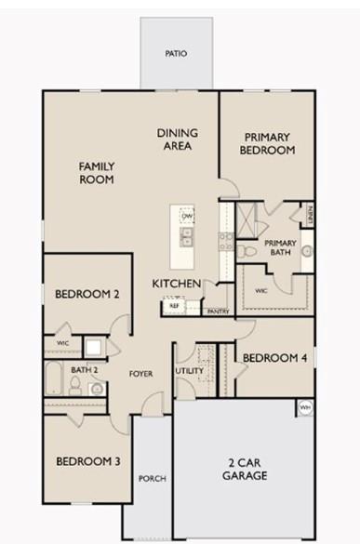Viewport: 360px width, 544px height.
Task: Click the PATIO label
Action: [x=176, y=54]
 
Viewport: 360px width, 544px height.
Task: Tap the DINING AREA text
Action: [x=175, y=139]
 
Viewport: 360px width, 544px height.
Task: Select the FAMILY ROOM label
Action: [x=97, y=172]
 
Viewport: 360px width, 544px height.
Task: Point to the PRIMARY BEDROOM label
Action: [x=267, y=143]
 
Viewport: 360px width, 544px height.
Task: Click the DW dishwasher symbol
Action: [x=187, y=217]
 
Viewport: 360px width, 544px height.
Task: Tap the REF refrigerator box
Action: [x=174, y=305]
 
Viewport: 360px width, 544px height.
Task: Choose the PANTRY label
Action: [x=219, y=312]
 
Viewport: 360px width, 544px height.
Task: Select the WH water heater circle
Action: [x=305, y=407]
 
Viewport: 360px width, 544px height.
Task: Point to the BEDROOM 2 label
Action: [x=87, y=295]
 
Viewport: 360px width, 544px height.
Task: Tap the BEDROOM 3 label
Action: [x=87, y=461]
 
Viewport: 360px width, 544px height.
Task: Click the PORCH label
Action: [x=152, y=479]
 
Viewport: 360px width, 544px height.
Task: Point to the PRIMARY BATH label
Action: [x=283, y=247]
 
